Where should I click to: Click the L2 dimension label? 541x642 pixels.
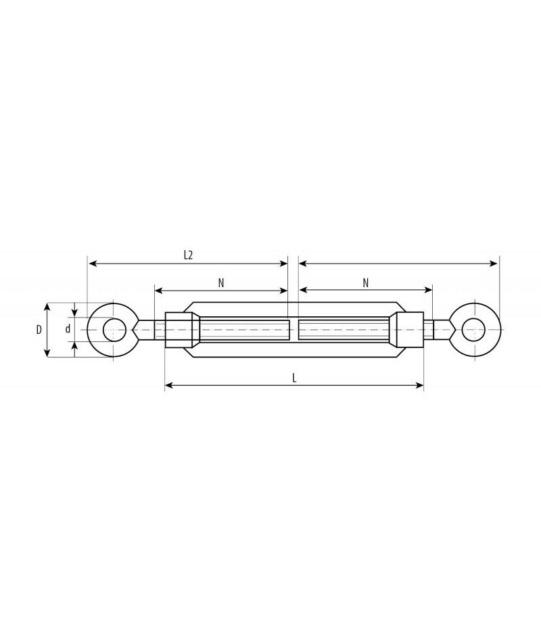pyautogui.click(x=188, y=255)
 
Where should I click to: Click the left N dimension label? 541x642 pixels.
pyautogui.click(x=221, y=283)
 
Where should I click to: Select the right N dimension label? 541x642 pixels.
pyautogui.click(x=366, y=283)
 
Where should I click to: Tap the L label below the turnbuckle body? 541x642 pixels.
pyautogui.click(x=294, y=378)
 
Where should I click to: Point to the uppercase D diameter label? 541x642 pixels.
pyautogui.click(x=39, y=329)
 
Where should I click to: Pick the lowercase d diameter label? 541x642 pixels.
pyautogui.click(x=68, y=328)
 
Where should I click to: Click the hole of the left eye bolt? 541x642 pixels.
pyautogui.click(x=114, y=330)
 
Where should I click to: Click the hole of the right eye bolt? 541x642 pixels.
pyautogui.click(x=473, y=330)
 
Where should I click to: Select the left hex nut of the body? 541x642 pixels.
pyautogui.click(x=179, y=330)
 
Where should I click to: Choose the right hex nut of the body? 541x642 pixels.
pyautogui.click(x=409, y=330)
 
